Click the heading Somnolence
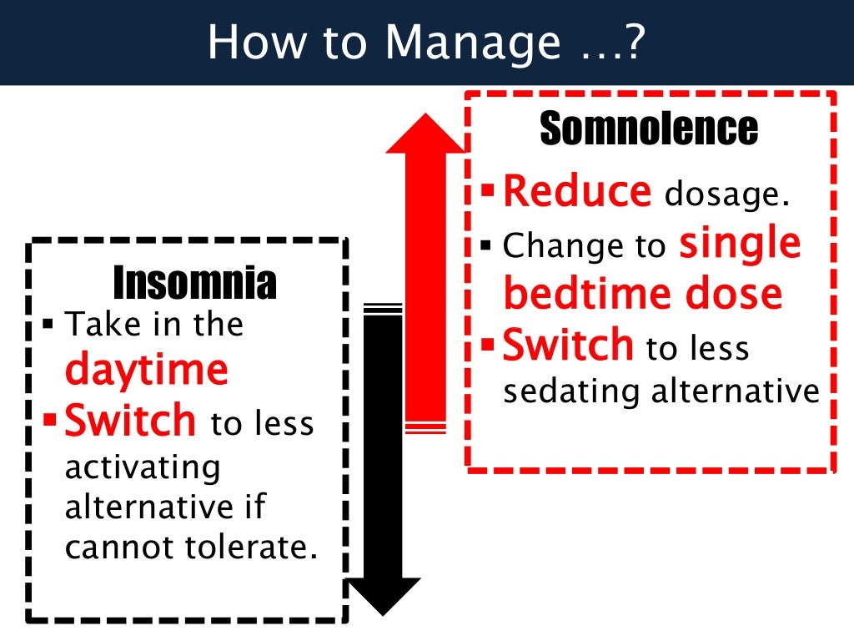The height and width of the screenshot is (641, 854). click(649, 129)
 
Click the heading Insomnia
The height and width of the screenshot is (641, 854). click(194, 283)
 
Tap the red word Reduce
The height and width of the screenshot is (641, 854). click(577, 192)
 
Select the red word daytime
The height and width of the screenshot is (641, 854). click(146, 368)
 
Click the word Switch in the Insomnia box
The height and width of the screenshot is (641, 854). click(130, 421)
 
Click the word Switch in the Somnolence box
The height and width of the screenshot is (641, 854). click(568, 346)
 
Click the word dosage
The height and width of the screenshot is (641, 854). click(726, 195)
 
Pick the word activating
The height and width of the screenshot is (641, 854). click(143, 467)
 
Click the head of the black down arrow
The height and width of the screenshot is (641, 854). click(384, 594)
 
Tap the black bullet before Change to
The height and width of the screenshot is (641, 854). click(487, 246)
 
